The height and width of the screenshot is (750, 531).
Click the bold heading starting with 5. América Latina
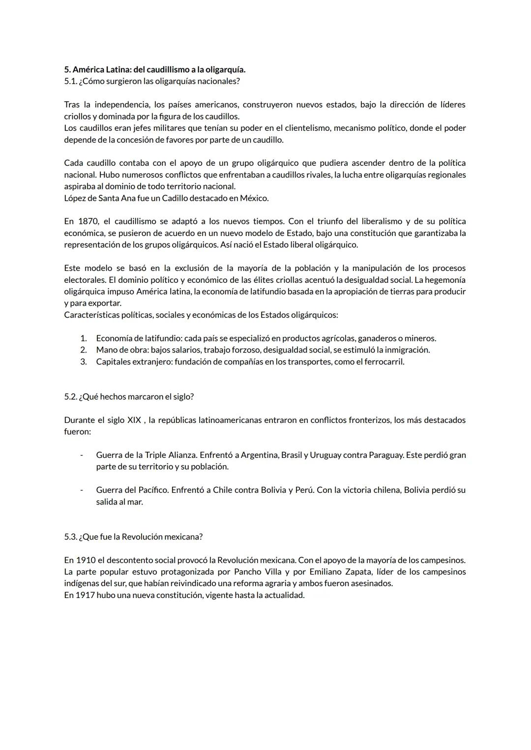pos(155,69)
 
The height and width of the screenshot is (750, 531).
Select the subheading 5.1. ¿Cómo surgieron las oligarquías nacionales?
pos(152,81)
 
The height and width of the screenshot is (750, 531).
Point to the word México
pos(254,198)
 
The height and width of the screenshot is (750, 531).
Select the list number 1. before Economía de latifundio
pos(84,338)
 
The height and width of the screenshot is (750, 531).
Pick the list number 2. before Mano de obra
pos(84,350)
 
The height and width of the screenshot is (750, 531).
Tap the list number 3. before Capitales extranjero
pos(84,361)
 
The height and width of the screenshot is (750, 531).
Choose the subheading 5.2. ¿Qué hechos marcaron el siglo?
pos(129,396)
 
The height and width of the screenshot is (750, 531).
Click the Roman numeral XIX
pos(134,420)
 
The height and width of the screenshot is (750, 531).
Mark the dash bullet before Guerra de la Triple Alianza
pos(82,455)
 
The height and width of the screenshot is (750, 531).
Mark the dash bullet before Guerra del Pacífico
pos(82,490)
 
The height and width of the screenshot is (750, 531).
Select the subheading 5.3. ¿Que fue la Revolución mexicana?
pos(133,537)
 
